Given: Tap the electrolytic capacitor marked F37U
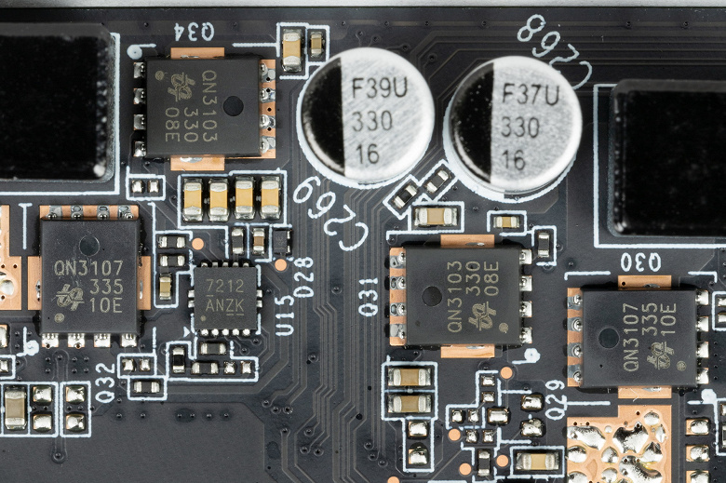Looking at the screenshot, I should point(513,125).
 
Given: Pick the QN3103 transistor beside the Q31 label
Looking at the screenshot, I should point(463,295).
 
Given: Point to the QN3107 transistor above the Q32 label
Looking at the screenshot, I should point(88,276).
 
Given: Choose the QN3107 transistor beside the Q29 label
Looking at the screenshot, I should point(639,338).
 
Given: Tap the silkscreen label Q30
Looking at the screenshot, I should point(639,262).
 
